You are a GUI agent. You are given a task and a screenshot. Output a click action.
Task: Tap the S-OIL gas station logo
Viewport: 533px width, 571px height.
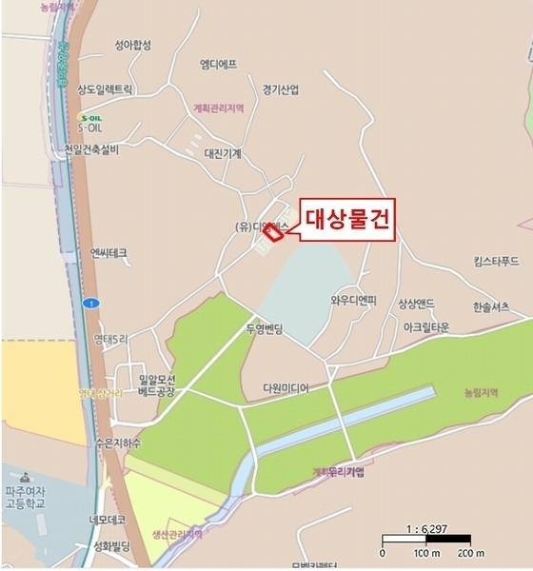tap(89, 118)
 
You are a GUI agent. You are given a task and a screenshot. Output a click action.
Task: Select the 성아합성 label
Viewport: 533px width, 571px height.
tap(133, 45)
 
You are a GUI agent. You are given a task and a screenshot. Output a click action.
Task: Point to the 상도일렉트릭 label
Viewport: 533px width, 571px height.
tap(106, 89)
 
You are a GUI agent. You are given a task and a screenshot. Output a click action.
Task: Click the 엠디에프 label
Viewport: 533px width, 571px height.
tap(218, 64)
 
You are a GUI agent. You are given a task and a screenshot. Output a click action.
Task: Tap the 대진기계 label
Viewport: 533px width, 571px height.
tap(223, 152)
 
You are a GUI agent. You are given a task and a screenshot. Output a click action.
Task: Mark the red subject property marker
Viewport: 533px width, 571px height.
tap(274, 231)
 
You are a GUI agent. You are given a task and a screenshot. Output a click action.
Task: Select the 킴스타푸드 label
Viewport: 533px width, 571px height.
tap(496, 260)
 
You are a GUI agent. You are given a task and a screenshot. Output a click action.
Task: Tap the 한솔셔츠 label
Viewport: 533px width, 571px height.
tap(491, 305)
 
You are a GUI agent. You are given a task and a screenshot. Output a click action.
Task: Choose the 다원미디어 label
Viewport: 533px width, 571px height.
tap(286, 388)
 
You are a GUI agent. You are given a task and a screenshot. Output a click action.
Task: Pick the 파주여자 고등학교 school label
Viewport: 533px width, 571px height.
tap(30, 498)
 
